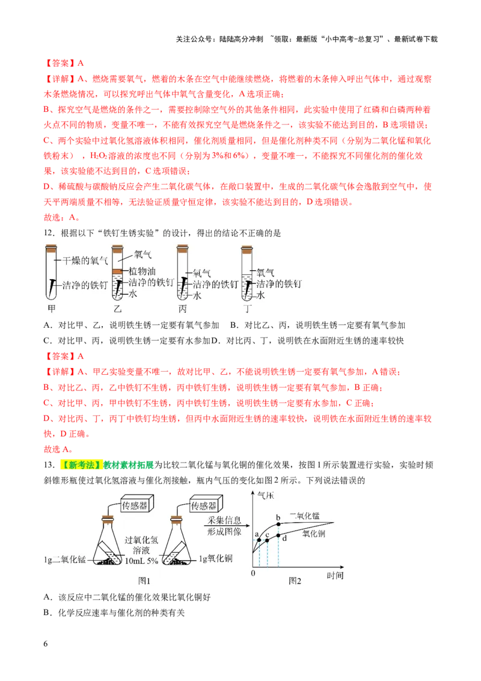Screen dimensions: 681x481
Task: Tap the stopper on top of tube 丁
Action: [247, 248]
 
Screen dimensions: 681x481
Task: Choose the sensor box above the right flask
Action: [206, 504]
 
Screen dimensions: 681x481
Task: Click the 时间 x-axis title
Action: [335, 576]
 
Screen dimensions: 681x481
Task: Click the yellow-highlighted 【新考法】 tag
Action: [81, 465]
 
